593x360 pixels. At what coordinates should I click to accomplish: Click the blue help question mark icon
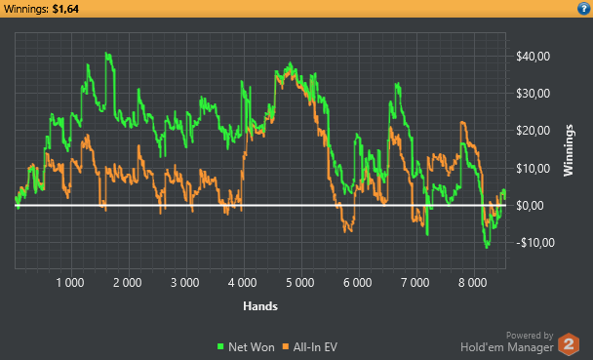point(583,9)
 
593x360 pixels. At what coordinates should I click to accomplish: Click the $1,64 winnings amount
point(65,9)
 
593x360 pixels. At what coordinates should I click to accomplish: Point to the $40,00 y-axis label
point(533,57)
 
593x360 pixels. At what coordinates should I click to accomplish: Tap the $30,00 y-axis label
point(533,94)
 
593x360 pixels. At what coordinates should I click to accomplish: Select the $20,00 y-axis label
point(533,131)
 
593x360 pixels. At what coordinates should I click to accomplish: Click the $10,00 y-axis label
point(533,168)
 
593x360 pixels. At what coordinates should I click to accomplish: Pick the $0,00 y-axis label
point(530,206)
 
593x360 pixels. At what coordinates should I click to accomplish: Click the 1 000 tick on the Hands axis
point(70,283)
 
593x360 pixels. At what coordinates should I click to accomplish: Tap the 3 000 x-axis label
point(185,283)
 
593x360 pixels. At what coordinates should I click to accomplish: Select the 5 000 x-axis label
point(299,283)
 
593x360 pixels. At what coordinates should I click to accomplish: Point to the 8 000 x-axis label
point(473,283)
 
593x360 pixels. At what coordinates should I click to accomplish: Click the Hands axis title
point(260,306)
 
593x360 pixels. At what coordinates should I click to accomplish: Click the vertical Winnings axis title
point(569,150)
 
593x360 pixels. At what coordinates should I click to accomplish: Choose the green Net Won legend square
point(220,346)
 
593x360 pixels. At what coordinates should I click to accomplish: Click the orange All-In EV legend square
point(286,346)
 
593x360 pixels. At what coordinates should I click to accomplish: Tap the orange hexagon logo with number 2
point(569,344)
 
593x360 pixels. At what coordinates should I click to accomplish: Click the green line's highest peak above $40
point(107,53)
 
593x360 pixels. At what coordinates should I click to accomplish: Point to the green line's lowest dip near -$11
point(487,247)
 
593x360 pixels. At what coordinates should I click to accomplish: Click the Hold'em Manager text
point(507,347)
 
